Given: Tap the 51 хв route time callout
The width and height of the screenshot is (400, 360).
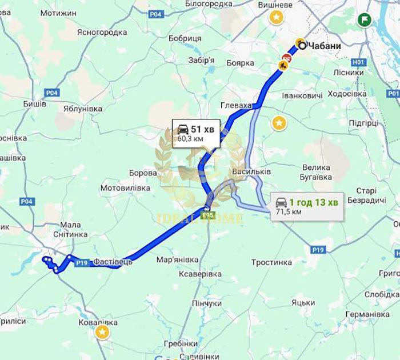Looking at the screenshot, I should coord(195,133).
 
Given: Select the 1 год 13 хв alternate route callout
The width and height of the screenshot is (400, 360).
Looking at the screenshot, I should coord(307,206).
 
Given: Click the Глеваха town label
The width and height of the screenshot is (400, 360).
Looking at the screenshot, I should coord(237,106).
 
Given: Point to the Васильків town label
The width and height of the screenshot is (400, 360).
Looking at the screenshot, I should coord(252,171).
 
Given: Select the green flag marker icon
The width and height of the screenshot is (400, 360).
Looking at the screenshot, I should coord(363,21).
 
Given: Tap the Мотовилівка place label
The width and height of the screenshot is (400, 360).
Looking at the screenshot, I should coord(125,187).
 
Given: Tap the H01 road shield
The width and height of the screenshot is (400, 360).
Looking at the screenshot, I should coord(358,61).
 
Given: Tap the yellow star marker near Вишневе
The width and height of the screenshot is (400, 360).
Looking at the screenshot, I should coord(277,17).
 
